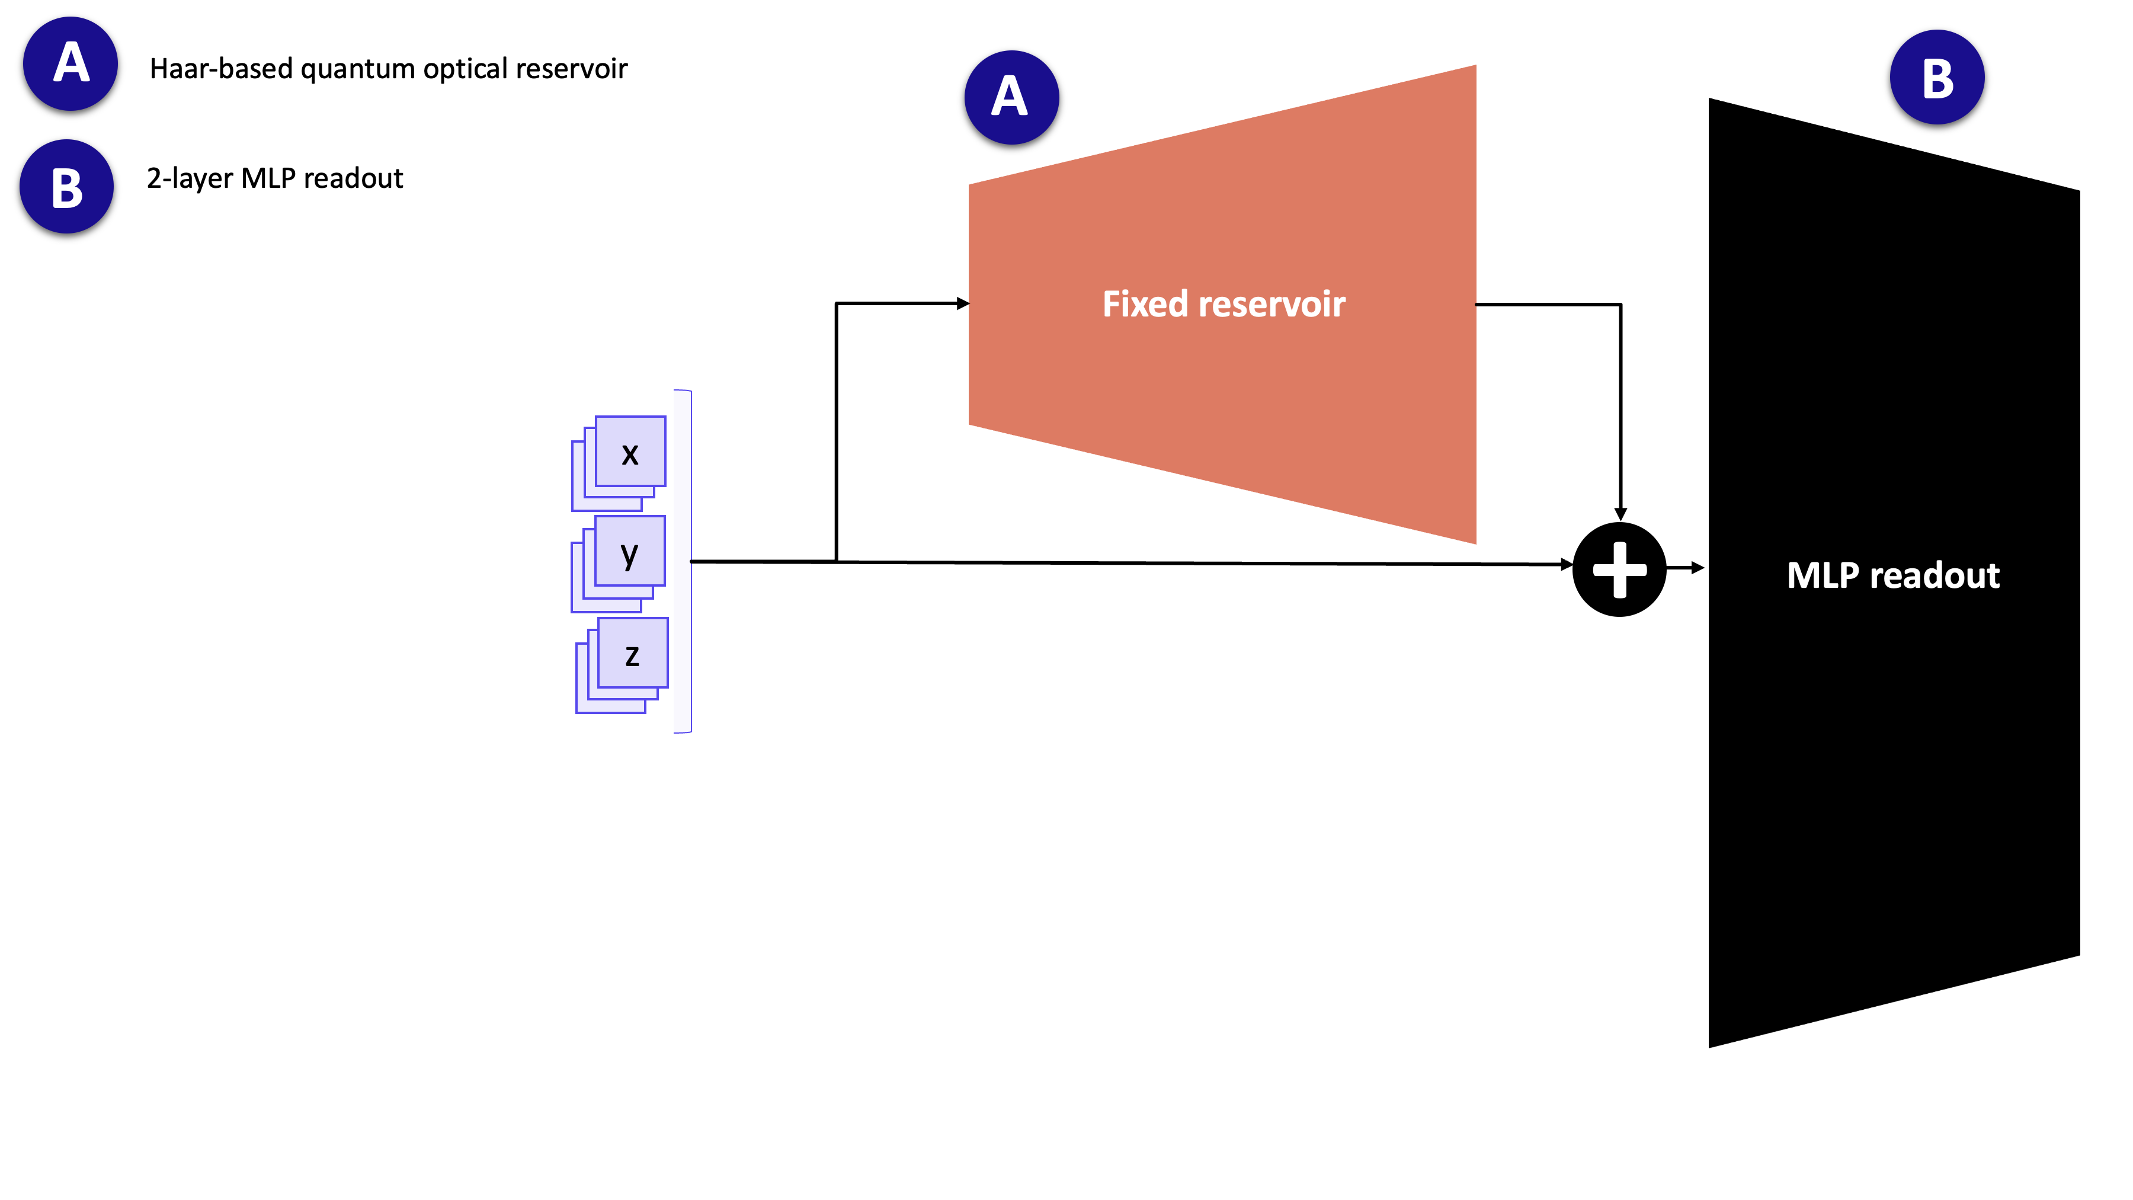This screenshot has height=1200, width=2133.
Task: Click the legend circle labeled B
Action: click(x=67, y=186)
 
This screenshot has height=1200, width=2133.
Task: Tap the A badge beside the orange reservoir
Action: click(x=1011, y=97)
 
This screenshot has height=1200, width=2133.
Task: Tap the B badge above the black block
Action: click(x=1937, y=78)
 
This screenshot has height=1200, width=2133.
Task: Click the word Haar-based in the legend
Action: click(x=221, y=69)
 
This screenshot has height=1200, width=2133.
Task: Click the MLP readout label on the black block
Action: click(x=1893, y=575)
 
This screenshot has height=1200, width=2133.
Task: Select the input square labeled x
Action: click(x=630, y=452)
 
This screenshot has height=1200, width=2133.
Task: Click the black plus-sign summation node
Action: click(x=1619, y=569)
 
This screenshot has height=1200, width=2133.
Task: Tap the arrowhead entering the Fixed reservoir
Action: click(x=962, y=304)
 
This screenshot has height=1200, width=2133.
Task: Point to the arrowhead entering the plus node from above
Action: click(x=1620, y=513)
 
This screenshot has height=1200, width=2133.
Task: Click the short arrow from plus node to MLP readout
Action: click(x=1686, y=568)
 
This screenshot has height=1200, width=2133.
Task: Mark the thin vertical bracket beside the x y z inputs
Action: click(x=683, y=562)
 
